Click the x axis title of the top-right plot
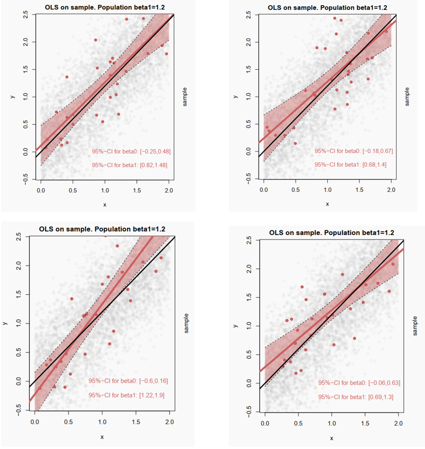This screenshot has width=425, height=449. [327, 204]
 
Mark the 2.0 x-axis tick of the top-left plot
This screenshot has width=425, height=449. [169, 191]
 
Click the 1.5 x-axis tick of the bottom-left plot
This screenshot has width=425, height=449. [136, 422]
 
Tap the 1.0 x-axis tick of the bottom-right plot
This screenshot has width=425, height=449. [331, 423]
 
